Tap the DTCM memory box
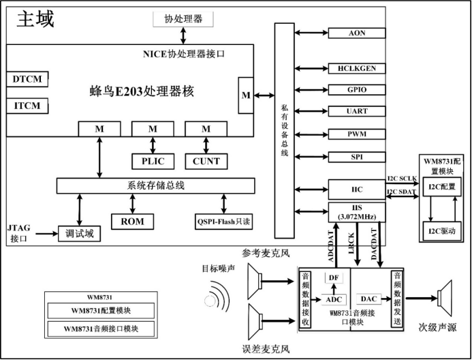pos(27,79)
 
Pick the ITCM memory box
pos(27,106)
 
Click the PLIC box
pos(152,161)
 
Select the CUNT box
pos(206,161)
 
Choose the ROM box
pos(132,221)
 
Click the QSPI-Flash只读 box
pos(223,221)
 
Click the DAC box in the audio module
pos(368,299)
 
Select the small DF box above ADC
pos(334,277)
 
